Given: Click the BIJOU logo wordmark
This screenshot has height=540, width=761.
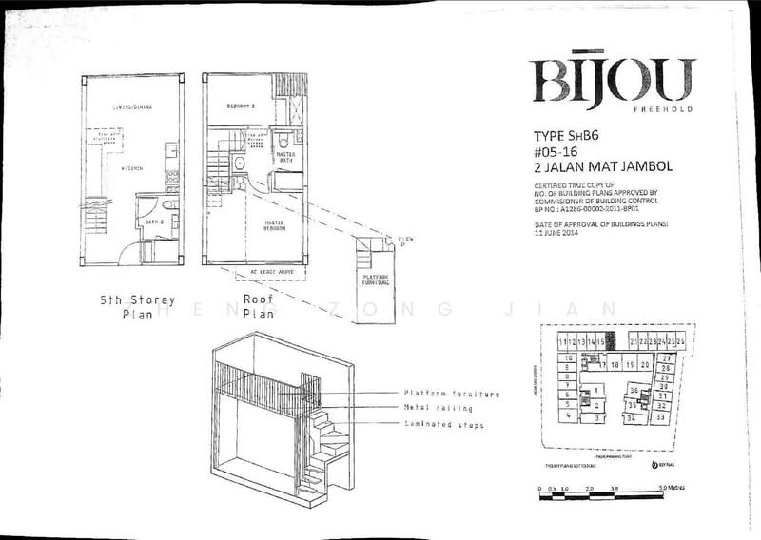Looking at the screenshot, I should tap(613, 81).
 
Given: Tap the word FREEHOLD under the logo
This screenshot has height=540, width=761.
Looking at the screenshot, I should tap(670, 110).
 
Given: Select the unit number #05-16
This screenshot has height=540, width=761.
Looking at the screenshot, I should tap(560, 150).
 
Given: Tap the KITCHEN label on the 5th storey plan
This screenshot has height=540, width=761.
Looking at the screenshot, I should tap(131, 168).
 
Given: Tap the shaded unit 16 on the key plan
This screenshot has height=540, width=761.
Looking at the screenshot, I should tap(612, 340).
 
